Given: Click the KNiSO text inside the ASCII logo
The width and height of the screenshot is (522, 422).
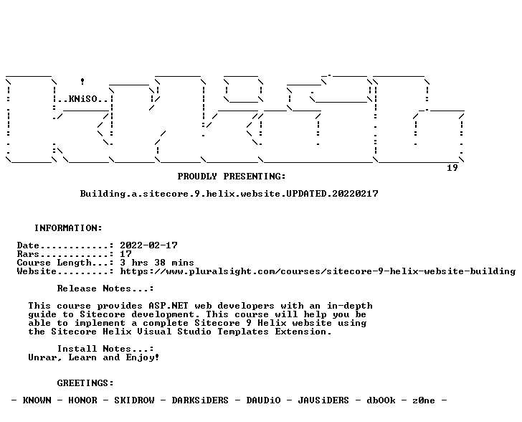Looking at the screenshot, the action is click(83, 99).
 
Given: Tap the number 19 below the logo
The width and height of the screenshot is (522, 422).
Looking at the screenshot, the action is click(452, 168).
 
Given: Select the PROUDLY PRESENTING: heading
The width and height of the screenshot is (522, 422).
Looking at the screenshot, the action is click(232, 177).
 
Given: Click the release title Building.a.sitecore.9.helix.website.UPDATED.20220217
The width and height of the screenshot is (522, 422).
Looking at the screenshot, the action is click(229, 194).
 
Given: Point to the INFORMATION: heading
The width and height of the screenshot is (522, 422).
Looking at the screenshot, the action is click(68, 228).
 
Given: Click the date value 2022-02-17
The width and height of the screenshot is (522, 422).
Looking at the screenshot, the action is click(149, 245).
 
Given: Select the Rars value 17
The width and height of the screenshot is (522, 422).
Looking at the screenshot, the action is click(126, 254).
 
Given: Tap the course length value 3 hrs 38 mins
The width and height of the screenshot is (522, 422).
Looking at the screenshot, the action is click(157, 263).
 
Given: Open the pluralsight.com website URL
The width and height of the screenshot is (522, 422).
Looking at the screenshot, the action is click(318, 271).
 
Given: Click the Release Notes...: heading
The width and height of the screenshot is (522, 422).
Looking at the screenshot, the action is click(105, 289).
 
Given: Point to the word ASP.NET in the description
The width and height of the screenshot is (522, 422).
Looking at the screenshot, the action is click(169, 306).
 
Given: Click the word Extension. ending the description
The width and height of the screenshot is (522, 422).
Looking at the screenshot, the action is click(303, 332).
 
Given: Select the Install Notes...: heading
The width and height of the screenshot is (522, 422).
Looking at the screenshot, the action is click(105, 349).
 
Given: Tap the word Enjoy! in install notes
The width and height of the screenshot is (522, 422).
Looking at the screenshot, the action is click(143, 357).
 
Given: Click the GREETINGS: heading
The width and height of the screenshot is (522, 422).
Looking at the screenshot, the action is click(85, 383).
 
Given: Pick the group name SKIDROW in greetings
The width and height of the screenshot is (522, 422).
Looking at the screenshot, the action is click(134, 400).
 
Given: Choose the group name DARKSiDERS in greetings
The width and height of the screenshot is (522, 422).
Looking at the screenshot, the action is click(200, 400).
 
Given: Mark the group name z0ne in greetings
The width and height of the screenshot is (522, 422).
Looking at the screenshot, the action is click(424, 400).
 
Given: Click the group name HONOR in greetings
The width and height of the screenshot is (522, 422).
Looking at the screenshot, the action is click(82, 400).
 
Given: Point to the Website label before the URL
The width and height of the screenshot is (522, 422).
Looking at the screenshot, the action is click(37, 271).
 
